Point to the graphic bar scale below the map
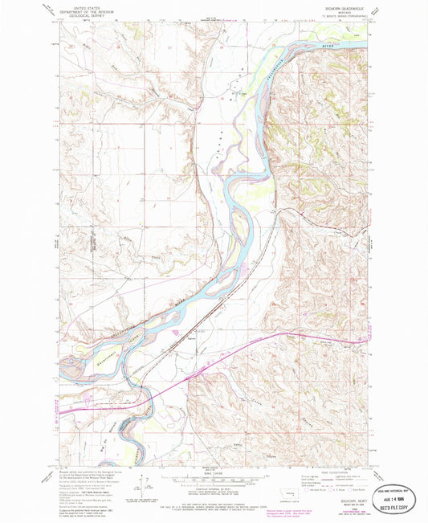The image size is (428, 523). (x=214, y=480)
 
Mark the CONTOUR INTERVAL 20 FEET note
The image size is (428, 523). (x=214, y=488)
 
